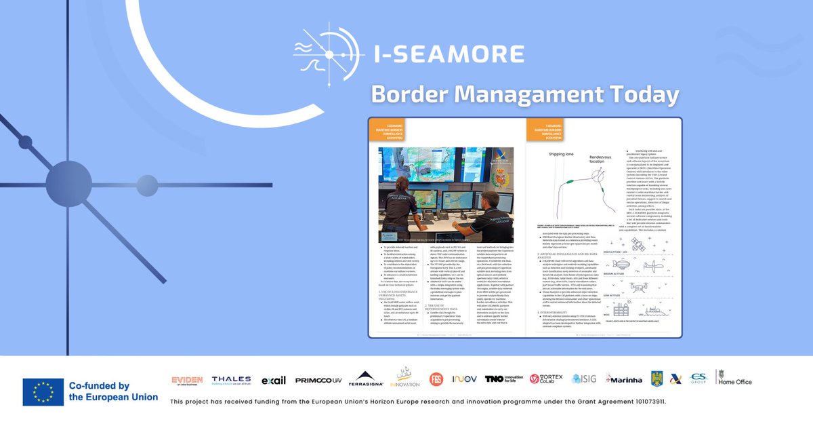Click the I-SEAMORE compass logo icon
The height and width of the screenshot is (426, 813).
(x=329, y=53)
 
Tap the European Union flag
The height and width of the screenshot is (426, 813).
(x=43, y=392)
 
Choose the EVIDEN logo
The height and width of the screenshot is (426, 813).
(x=187, y=380)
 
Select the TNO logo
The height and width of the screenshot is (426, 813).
(x=505, y=379)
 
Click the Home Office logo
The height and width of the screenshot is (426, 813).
(x=734, y=379)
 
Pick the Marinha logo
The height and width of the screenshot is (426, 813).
(x=624, y=379)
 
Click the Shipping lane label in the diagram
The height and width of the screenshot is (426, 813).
(x=561, y=155)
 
